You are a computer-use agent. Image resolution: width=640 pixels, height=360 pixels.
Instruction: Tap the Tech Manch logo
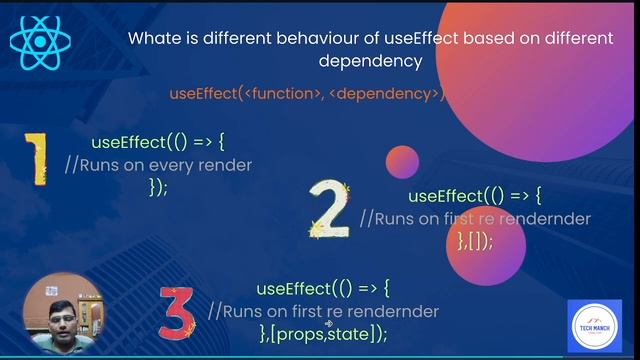594,325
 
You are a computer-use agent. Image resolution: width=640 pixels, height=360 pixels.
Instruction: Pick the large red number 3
176,311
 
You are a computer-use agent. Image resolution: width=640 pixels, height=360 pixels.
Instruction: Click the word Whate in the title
153,39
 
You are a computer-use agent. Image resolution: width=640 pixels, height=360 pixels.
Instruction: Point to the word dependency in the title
370,61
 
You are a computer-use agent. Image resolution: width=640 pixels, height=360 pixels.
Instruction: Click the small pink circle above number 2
401,162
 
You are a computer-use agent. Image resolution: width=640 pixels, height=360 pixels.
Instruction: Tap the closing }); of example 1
158,188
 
